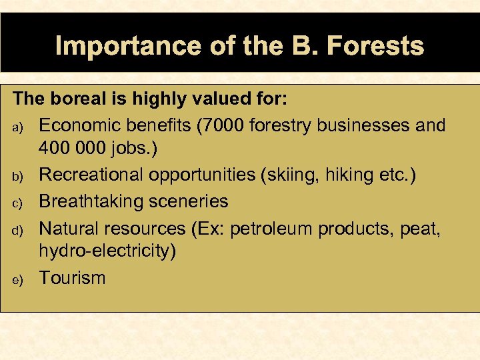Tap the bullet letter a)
click(18, 126)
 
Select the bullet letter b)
click(18, 176)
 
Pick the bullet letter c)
click(18, 203)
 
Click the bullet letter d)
click(18, 229)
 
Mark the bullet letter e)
click(18, 279)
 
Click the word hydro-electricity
click(107, 252)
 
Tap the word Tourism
click(72, 278)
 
